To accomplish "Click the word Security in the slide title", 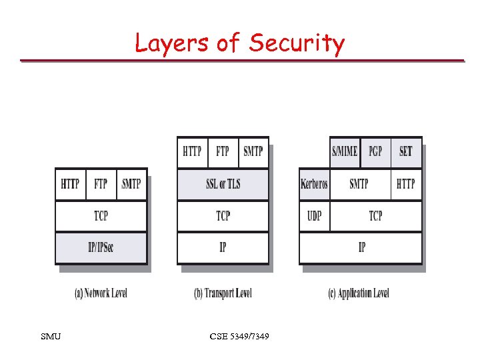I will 297,43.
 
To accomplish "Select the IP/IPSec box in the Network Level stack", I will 101,247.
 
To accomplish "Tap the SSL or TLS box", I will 223,184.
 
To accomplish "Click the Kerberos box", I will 315,184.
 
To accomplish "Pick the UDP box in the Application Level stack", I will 315,216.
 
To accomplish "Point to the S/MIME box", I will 345,151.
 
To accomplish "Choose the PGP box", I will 375,151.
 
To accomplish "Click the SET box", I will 405,151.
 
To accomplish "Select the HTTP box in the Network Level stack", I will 70,184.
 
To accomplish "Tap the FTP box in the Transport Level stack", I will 223,151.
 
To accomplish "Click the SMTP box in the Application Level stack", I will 359,184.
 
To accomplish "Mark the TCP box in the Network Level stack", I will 101,216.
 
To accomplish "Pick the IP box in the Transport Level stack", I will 223,247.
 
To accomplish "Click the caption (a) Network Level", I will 101,293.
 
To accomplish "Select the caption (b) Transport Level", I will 223,293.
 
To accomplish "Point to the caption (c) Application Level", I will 359,293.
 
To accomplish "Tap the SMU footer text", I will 51,337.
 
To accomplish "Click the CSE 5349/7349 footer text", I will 239,337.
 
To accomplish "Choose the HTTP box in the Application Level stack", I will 405,184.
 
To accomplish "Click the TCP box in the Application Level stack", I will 376,216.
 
